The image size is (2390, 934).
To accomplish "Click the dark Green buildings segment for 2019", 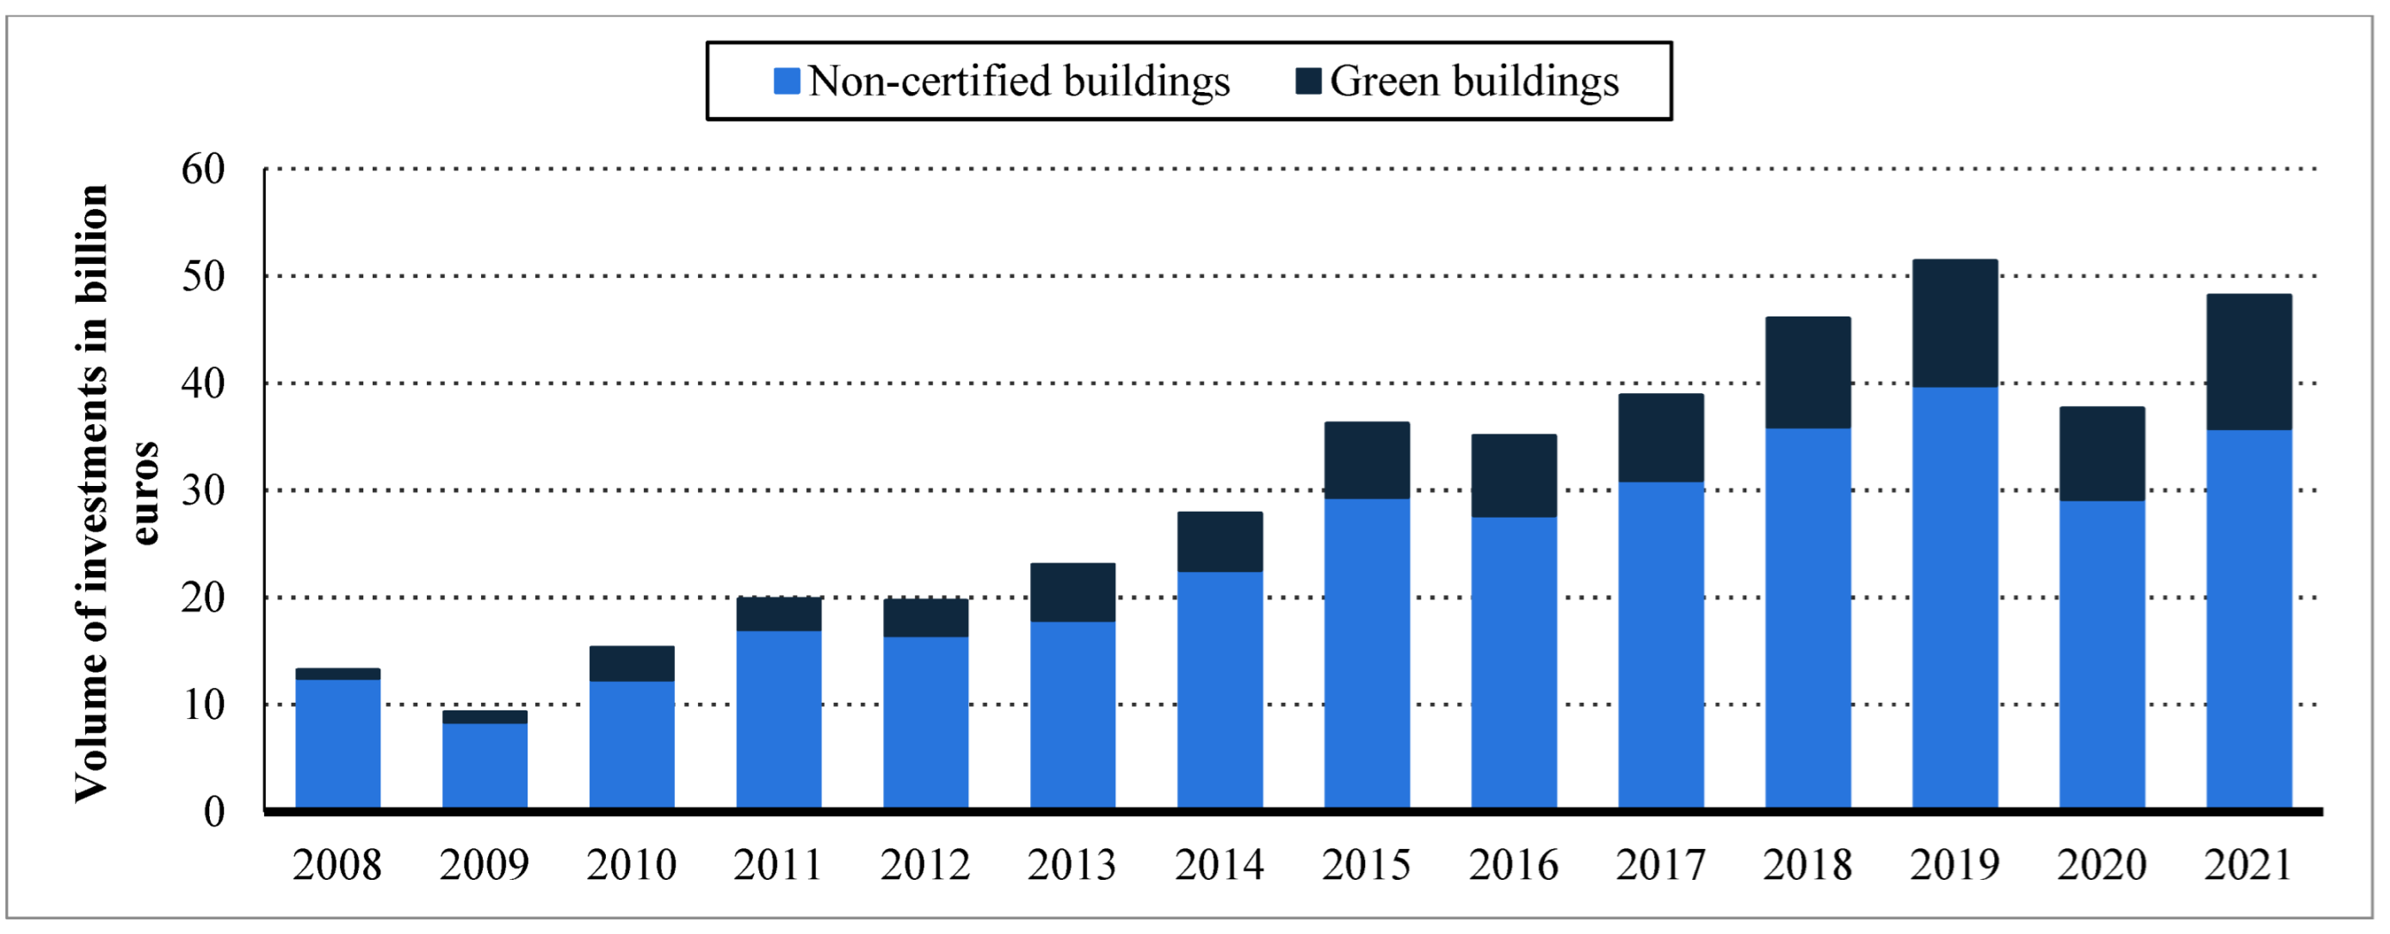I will point(1954,323).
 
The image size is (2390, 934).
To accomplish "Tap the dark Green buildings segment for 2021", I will point(2248,362).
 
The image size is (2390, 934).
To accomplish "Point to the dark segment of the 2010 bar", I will point(632,664).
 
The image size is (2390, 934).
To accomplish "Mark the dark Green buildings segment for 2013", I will point(1072,593).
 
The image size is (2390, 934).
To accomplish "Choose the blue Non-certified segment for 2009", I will point(485,765).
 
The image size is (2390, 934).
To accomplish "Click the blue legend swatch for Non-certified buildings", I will point(786,82).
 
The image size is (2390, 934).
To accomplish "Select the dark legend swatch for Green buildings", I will point(1308,81).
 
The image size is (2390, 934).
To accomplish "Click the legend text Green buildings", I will point(1474,82).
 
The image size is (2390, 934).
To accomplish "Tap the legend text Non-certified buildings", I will point(1019,82).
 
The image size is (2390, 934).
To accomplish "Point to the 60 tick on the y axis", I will point(203,169).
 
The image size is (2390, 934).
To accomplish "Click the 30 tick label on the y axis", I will point(203,491).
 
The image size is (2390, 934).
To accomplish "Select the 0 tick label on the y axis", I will point(214,813).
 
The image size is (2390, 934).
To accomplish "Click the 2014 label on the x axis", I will point(1220,865).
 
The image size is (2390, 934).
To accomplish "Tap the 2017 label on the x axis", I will point(1660,865).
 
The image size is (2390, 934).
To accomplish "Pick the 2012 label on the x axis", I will point(925,865).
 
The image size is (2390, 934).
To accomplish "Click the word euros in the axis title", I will point(145,494).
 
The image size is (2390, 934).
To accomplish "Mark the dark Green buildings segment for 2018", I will point(1807,373).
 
